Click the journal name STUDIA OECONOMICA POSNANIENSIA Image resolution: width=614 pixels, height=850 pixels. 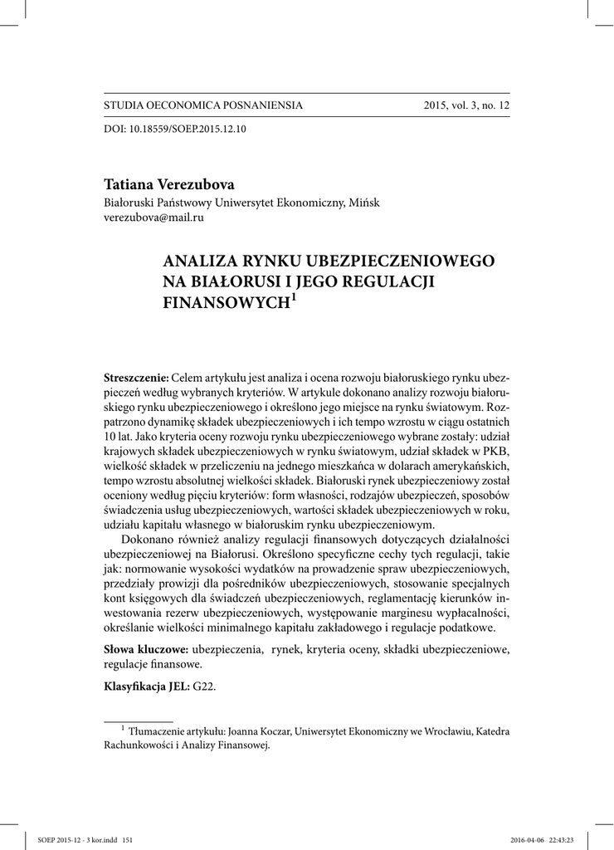pyautogui.click(x=202, y=105)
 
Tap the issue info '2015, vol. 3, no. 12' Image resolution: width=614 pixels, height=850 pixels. pyautogui.click(x=466, y=105)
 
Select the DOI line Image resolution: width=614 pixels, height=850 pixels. pyautogui.click(x=175, y=129)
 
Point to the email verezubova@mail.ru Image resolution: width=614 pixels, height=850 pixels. pyautogui.click(x=153, y=217)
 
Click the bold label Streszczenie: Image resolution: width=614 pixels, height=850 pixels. pyautogui.click(x=136, y=378)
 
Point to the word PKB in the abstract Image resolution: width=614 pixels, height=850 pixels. pyautogui.click(x=495, y=449)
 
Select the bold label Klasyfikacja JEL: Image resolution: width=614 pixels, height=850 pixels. pyautogui.click(x=147, y=686)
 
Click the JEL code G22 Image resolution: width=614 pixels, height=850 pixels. pyautogui.click(x=205, y=686)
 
